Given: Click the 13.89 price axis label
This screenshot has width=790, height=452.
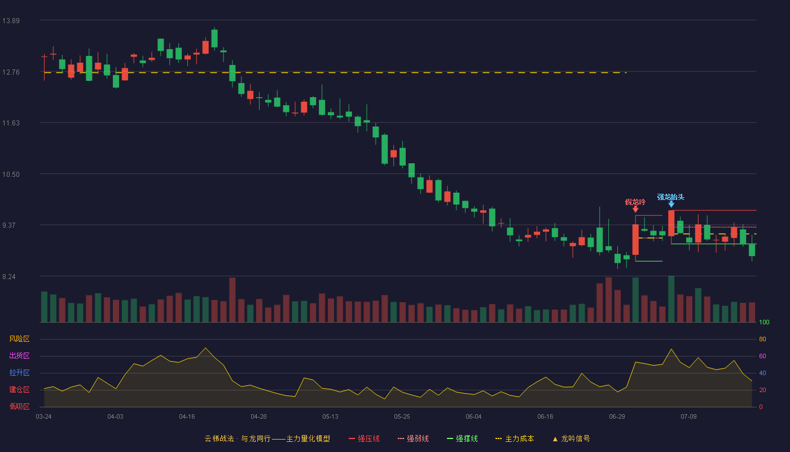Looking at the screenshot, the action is [x=11, y=21].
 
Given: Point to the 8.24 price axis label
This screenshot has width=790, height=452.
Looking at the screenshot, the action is [x=9, y=277].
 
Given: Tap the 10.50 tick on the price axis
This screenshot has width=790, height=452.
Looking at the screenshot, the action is [x=11, y=175].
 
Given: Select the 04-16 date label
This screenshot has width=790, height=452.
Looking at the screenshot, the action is [x=187, y=417].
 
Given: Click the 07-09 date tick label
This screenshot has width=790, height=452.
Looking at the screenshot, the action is [x=689, y=417].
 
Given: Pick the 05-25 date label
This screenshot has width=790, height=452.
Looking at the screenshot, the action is [x=402, y=417].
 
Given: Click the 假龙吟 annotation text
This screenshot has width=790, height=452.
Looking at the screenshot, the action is [x=635, y=202].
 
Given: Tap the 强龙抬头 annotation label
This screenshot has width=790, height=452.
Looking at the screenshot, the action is [x=671, y=197].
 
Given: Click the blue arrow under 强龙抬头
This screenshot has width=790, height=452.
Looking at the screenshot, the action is [x=671, y=204].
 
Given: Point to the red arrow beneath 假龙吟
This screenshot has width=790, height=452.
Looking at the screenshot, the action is [x=635, y=209].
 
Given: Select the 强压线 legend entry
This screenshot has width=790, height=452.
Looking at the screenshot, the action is [x=365, y=438].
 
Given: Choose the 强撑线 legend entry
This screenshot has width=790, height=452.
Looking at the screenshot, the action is [x=462, y=438].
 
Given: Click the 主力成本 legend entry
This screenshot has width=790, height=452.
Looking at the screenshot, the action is [x=515, y=438].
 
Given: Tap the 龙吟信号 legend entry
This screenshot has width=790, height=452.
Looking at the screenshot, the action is [x=571, y=438].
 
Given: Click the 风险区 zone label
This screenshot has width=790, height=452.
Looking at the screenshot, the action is [x=19, y=339].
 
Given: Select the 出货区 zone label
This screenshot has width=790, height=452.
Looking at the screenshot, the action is [x=19, y=356].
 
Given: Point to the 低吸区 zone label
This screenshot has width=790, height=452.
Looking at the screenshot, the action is [x=19, y=407].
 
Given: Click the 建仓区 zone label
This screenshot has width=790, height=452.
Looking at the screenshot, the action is [x=19, y=390].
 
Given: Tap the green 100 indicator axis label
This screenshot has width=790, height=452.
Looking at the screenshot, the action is [x=764, y=322].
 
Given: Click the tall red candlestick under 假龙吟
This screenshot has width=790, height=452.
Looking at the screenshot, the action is [x=635, y=240].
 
